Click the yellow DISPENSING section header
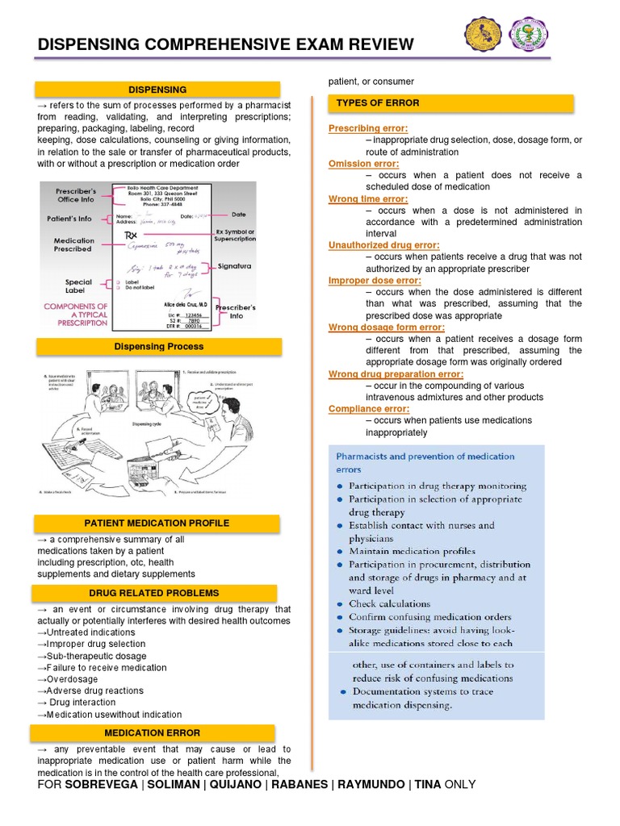tap(157, 90)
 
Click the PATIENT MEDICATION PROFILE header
tap(157, 524)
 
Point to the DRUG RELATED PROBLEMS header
tap(153, 594)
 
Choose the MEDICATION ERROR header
tap(152, 732)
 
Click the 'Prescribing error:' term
tap(368, 129)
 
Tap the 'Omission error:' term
tap(364, 164)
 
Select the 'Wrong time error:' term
tap(368, 199)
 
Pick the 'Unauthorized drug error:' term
tap(383, 245)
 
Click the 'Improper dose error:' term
tap(375, 281)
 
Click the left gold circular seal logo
tap(484, 34)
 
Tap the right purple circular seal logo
tap(530, 34)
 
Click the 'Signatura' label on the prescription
tap(234, 265)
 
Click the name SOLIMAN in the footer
tap(169, 784)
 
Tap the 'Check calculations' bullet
tap(389, 603)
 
